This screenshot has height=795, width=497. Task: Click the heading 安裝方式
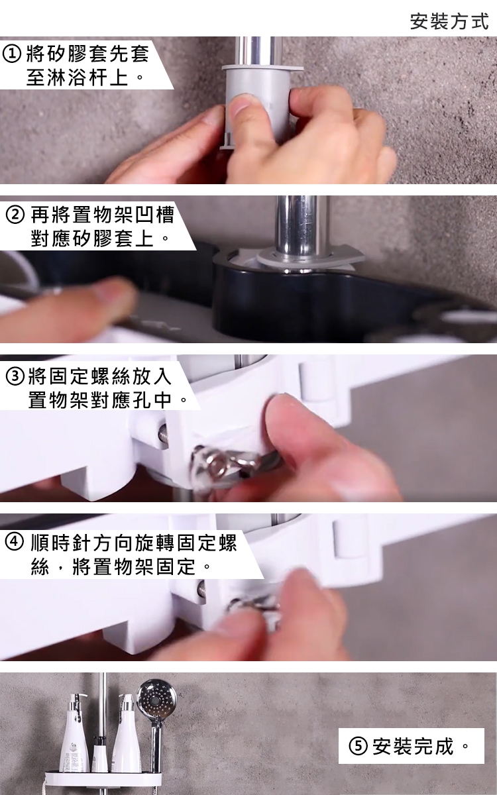pyautogui.click(x=449, y=21)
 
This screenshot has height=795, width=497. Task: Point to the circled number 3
pyautogui.click(x=15, y=377)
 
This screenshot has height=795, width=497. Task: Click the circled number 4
pyautogui.click(x=15, y=543)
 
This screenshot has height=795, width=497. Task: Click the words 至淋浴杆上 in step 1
pyautogui.click(x=78, y=78)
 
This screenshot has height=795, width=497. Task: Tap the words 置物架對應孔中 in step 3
pyautogui.click(x=100, y=400)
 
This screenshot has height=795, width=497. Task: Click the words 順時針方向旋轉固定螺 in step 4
pyautogui.click(x=134, y=543)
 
